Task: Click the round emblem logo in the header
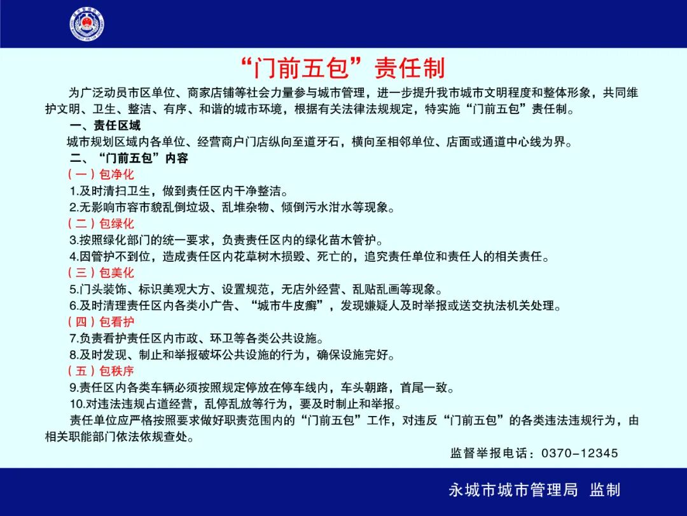(x=87, y=25)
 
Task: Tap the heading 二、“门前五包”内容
(x=129, y=158)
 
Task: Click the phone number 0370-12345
(x=579, y=454)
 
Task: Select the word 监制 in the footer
(x=605, y=490)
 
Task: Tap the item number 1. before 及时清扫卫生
(x=73, y=191)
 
